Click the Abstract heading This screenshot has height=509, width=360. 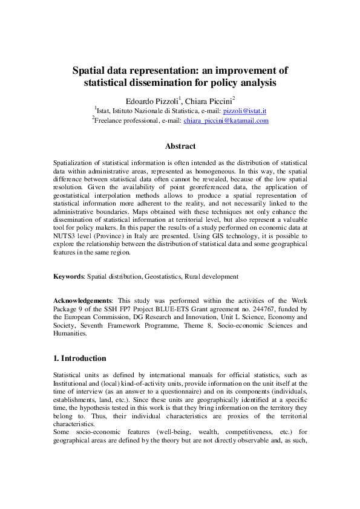pyautogui.click(x=180, y=146)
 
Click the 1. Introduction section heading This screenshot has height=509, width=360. pyautogui.click(x=80, y=358)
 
